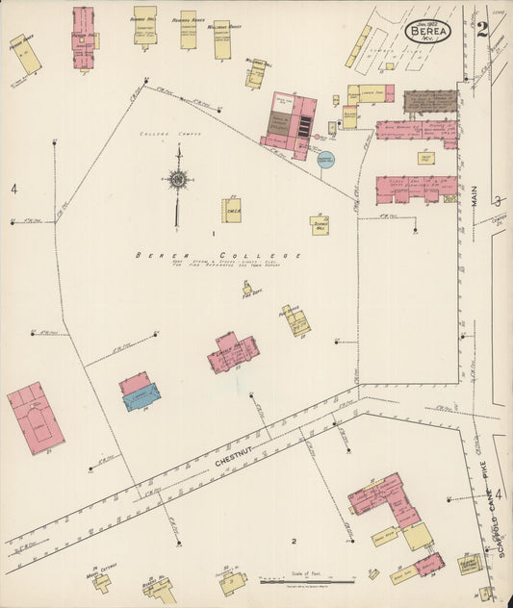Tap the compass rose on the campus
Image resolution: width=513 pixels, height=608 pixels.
tap(177, 179)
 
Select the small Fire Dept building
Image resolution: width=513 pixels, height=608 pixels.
tap(247, 289)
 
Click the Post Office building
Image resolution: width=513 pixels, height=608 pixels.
tap(295, 320)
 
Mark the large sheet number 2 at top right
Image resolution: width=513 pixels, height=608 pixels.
tap(481, 28)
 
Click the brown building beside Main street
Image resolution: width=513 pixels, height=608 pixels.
tap(429, 101)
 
